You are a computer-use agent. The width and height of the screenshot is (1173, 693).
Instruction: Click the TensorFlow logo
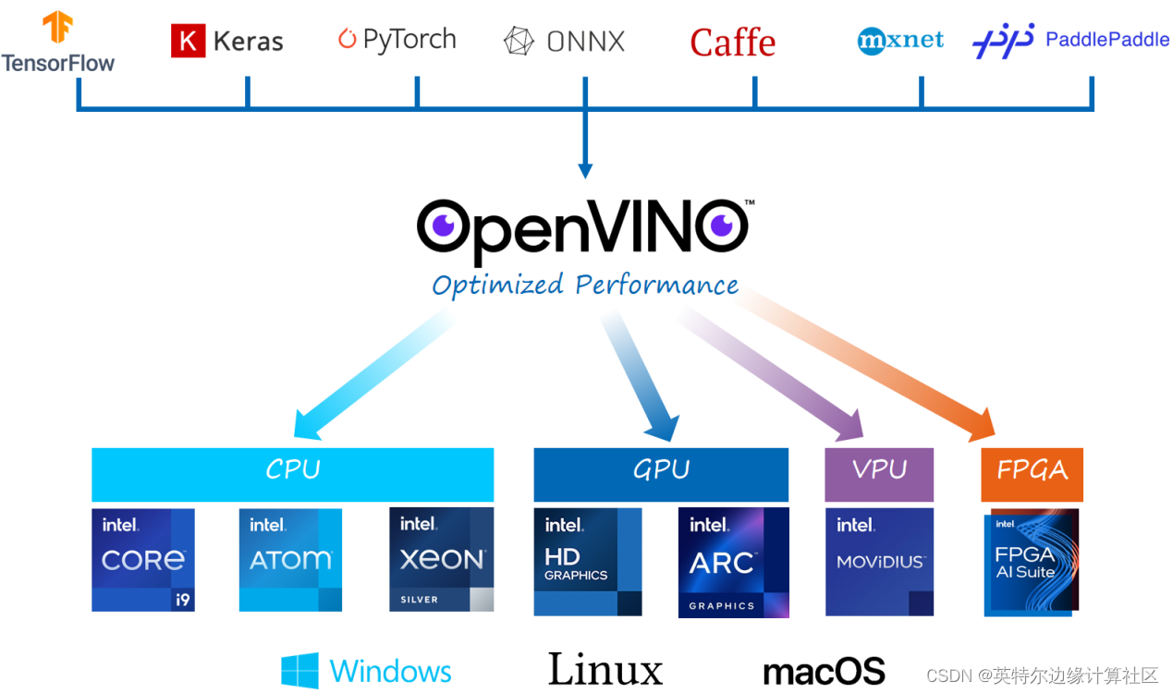click(58, 43)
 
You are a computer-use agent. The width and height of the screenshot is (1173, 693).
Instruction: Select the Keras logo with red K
click(226, 41)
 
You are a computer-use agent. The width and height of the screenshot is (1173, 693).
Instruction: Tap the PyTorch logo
click(397, 40)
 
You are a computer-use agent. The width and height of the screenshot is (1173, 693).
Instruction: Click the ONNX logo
click(564, 42)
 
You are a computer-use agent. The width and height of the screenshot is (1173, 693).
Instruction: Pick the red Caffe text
click(732, 43)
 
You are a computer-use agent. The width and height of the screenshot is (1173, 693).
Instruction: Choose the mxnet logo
click(900, 41)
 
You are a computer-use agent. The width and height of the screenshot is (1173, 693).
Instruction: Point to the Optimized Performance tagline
click(585, 285)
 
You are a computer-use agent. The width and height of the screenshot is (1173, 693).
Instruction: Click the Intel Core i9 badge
click(143, 560)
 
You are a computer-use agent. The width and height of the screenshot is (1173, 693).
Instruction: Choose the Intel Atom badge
click(290, 560)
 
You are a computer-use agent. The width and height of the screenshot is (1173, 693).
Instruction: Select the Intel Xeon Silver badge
click(442, 560)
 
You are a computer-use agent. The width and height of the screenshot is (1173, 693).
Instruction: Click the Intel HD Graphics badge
click(588, 562)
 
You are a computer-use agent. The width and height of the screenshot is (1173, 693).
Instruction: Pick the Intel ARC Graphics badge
click(734, 562)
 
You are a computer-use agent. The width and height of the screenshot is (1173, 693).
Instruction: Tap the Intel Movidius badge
click(879, 562)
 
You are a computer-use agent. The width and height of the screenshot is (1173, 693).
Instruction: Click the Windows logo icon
click(299, 671)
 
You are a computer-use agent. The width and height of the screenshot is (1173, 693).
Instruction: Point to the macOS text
click(824, 672)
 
